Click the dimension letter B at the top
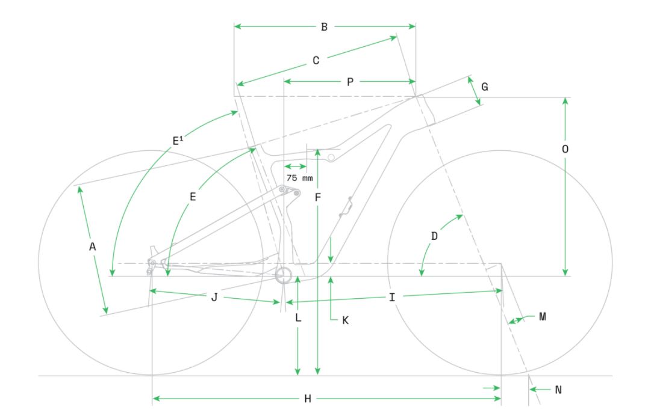324,27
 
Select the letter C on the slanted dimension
316,61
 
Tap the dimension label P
350,82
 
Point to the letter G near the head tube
484,87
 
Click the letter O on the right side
565,149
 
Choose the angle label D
434,237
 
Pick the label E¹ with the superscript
178,140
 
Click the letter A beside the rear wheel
93,247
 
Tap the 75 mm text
299,178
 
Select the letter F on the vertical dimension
318,197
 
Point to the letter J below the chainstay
214,298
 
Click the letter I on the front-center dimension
391,298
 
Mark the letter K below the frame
345,320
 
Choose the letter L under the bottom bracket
298,318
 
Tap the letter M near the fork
543,317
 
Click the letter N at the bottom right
558,390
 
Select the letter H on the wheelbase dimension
308,399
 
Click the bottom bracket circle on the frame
283,275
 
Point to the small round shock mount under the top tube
331,158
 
